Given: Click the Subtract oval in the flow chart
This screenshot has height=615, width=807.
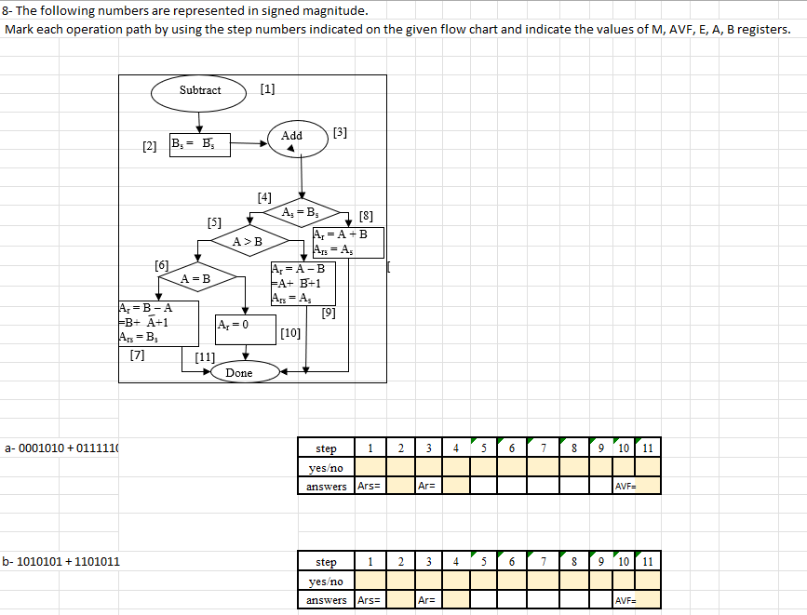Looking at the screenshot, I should coord(200,90).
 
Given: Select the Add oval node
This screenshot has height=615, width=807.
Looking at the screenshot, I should coord(292,136).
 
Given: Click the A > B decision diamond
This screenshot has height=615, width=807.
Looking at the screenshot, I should coord(248,242).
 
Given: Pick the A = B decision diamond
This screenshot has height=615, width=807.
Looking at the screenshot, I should coord(195,279).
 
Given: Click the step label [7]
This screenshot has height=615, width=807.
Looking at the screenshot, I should coord(138,354).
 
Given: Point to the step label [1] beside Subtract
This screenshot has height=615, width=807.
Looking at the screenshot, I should coord(268,89).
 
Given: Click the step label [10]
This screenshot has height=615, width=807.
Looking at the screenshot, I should coord(289,333).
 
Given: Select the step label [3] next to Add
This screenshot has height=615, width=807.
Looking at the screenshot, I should coord(340,132).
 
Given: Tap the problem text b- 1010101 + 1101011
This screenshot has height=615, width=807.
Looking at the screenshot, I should coord(61,562).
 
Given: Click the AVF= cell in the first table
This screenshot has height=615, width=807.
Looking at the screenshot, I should coord(636,486).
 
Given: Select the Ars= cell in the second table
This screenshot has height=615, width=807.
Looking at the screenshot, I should coord(370,600).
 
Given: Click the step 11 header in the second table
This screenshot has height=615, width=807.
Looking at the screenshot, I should coord(648,562).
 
